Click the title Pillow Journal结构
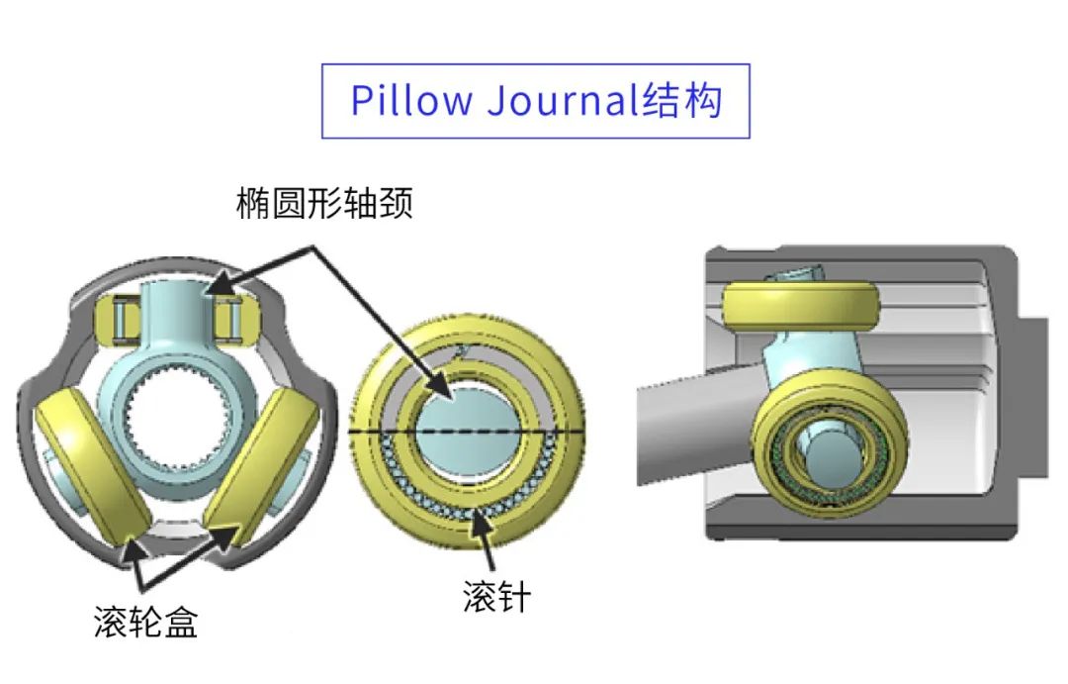coord(536,101)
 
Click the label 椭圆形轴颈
coord(323,204)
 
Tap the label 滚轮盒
coord(145,622)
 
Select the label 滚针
coord(496,596)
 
